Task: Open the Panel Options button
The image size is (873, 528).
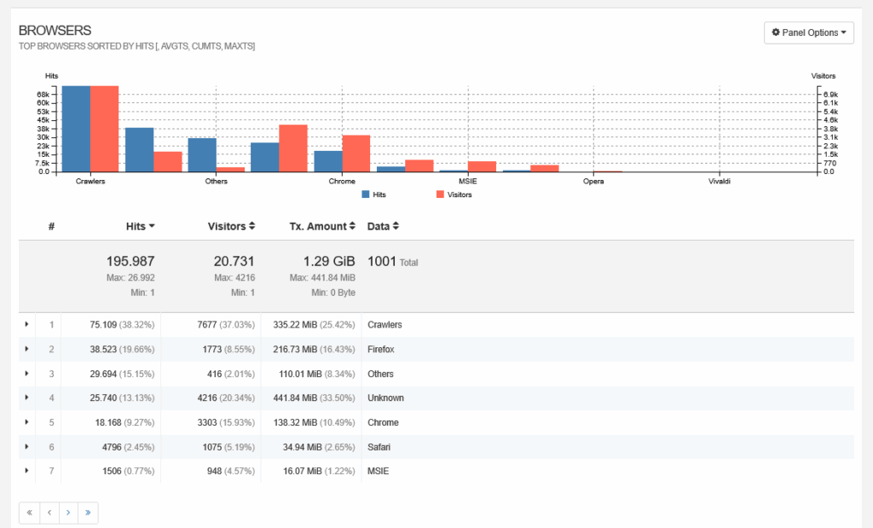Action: pos(809,32)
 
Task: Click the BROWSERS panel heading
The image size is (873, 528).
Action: pos(55,31)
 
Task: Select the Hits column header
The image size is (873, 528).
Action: pos(140,226)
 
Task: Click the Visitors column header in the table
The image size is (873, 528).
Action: pos(231,226)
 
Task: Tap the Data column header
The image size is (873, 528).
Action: pos(383,226)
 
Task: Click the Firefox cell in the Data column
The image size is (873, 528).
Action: pos(380,349)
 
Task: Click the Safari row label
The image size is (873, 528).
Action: pos(379,447)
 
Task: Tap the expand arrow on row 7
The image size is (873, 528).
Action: pos(26,471)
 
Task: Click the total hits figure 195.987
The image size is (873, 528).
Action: pos(130,262)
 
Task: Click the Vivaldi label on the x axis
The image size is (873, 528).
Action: pos(719,182)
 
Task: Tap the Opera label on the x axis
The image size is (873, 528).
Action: pos(593,182)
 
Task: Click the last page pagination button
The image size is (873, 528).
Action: pos(88,513)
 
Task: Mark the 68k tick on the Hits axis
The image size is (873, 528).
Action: pos(43,94)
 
